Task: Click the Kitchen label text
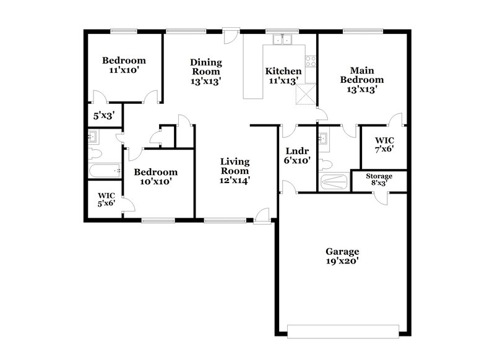[283, 71]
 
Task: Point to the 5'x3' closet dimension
[103, 114]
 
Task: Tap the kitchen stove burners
[311, 61]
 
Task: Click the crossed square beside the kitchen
[306, 95]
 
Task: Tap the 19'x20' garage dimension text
[342, 262]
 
